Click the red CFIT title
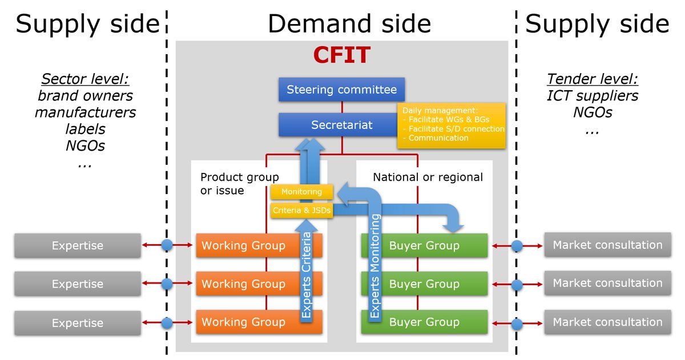point(341,55)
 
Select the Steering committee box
point(341,90)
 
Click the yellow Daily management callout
point(451,126)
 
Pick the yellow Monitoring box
point(301,192)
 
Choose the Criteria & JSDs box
point(301,211)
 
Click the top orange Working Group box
point(244,246)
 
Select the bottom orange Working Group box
point(244,322)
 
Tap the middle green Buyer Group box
point(424,284)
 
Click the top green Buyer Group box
point(424,246)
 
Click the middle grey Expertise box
point(78,284)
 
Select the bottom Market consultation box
point(607,322)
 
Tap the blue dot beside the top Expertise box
point(167,245)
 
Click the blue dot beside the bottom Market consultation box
point(517,323)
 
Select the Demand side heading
point(349,24)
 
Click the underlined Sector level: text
point(85,79)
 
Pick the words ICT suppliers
point(592,95)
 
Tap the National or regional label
point(428,177)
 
